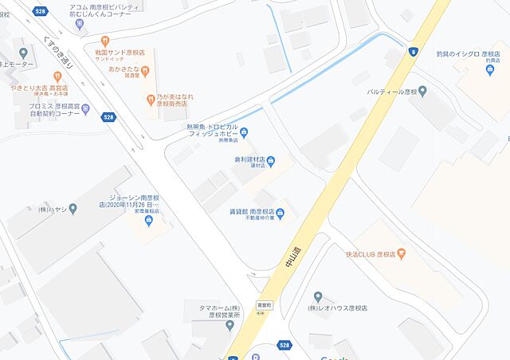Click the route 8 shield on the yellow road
tap(413, 52)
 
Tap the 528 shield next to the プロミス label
tap(108, 117)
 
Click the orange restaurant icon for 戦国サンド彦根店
tap(104, 41)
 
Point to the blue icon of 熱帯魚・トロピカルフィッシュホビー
tap(244, 132)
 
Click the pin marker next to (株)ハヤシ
tap(73, 209)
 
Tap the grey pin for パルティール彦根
tap(422, 92)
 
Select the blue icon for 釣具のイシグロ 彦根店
tap(489, 69)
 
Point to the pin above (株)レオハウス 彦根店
tap(318, 296)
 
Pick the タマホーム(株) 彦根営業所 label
tap(208, 310)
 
